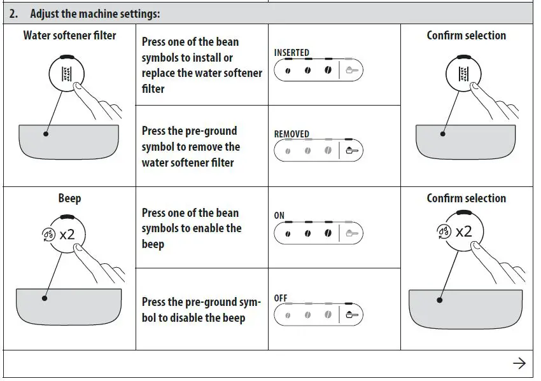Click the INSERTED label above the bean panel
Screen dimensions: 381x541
click(x=292, y=53)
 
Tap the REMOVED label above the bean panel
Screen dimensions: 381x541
click(x=292, y=134)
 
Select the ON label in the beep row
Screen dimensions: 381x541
click(x=279, y=216)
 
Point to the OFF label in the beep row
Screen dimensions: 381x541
click(x=281, y=298)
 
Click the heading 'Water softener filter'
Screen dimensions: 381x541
click(x=69, y=35)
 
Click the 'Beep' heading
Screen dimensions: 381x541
click(x=69, y=198)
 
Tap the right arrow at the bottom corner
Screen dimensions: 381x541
click(x=519, y=363)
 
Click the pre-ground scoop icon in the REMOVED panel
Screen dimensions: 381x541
click(x=352, y=151)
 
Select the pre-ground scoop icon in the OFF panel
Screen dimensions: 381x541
click(x=352, y=314)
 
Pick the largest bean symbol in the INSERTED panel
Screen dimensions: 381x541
click(x=328, y=70)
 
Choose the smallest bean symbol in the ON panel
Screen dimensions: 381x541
click(x=288, y=233)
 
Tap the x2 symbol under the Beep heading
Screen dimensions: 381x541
click(x=67, y=234)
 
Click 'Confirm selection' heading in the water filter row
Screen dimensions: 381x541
click(x=466, y=36)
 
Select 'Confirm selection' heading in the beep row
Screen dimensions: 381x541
click(x=466, y=198)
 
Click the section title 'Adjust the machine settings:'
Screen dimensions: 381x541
click(x=95, y=13)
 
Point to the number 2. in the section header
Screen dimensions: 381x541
click(x=13, y=13)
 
